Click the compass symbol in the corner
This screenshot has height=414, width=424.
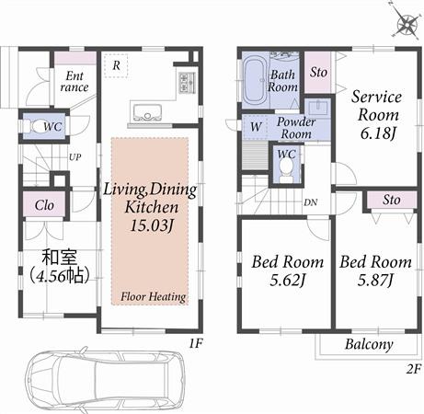tap(406, 26)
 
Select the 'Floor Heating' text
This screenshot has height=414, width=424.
tap(152, 297)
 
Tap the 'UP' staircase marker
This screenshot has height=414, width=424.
tap(74, 157)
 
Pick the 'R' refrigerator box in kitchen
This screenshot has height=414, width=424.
tap(116, 65)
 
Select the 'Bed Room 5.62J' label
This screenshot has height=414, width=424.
tap(284, 269)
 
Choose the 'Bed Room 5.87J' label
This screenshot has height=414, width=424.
tap(375, 269)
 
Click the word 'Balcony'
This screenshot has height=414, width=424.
tap(369, 345)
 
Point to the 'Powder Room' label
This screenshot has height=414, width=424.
tap(296, 128)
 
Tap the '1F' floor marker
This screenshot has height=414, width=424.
tap(194, 341)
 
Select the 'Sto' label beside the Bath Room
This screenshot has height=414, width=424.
tap(317, 72)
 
